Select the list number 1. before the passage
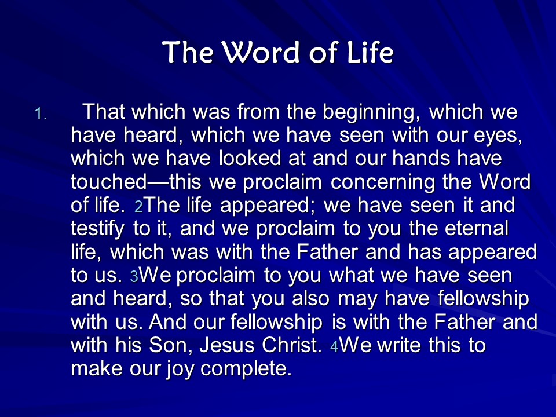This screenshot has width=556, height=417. pos(41,114)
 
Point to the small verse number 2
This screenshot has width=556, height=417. pos(138,206)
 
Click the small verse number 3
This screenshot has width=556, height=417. pos(134,277)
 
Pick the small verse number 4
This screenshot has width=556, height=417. pos(334,346)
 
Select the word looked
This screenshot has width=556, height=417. pos(250,158)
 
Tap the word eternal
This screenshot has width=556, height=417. pos(477,228)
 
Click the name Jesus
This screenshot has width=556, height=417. pos(226,345)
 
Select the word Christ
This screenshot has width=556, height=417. pos(291,345)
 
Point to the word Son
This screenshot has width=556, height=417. pos(171,346)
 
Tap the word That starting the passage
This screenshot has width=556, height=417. pos(103,111)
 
